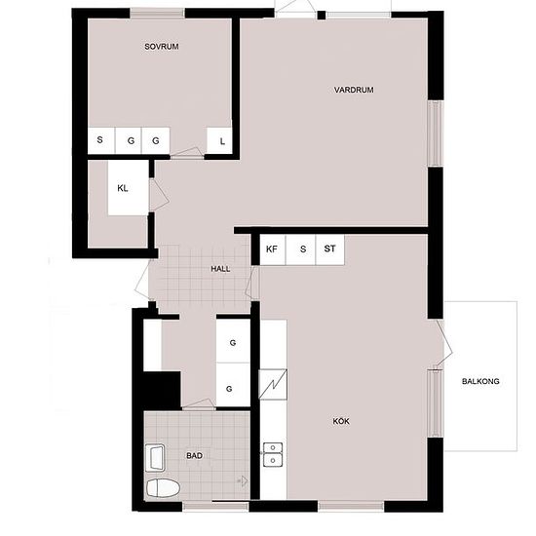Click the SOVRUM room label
(162, 47)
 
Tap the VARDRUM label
(354, 90)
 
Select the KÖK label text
(341, 421)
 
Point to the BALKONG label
(480, 381)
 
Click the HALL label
(220, 269)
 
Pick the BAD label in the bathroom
(194, 456)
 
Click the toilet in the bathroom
(163, 488)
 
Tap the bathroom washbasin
(155, 458)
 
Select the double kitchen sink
(273, 454)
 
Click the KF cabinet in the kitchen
(273, 249)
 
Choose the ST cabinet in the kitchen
(329, 249)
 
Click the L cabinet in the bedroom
(219, 141)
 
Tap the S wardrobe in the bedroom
(101, 140)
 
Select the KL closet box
(129, 188)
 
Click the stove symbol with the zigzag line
(273, 384)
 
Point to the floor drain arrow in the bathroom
(244, 480)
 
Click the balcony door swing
(444, 344)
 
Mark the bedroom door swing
(187, 152)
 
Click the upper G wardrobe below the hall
(233, 341)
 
